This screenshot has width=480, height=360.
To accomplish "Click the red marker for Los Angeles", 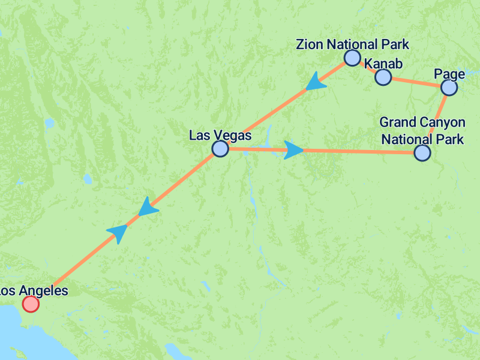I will pyautogui.click(x=30, y=304).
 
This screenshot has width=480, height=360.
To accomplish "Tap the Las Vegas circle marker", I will pyautogui.click(x=220, y=149).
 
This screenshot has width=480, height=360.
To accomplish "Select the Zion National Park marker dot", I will pyautogui.click(x=352, y=58).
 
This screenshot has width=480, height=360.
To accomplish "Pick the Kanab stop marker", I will pyautogui.click(x=383, y=77).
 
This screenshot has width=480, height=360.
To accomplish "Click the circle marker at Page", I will pyautogui.click(x=449, y=88).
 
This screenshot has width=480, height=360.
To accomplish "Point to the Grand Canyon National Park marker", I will pyautogui.click(x=422, y=153).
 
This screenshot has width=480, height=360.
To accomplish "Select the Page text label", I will pyautogui.click(x=449, y=74).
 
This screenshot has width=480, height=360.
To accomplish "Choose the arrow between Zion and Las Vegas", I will pyautogui.click(x=314, y=83).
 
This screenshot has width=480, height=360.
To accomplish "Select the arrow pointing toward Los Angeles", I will pyautogui.click(x=147, y=206).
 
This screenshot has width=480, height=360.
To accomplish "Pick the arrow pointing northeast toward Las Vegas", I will pyautogui.click(x=119, y=232).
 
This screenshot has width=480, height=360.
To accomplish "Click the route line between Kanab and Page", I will pyautogui.click(x=416, y=82).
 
